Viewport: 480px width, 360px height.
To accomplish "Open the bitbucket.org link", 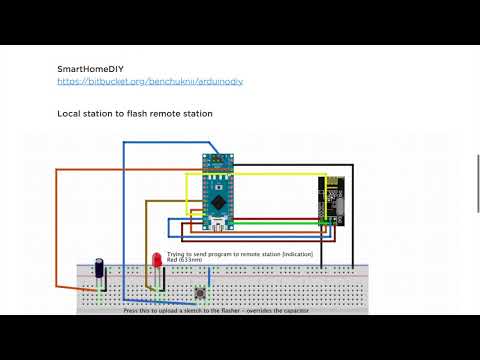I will [x=149, y=80].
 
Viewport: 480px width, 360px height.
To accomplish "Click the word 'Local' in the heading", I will [x=70, y=114].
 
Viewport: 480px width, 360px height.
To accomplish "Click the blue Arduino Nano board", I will [x=216, y=190].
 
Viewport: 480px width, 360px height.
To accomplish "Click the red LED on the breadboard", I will [x=156, y=261].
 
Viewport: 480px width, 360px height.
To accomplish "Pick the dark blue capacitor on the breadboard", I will [x=100, y=269].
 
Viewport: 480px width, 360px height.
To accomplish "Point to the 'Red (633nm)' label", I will [x=183, y=261].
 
